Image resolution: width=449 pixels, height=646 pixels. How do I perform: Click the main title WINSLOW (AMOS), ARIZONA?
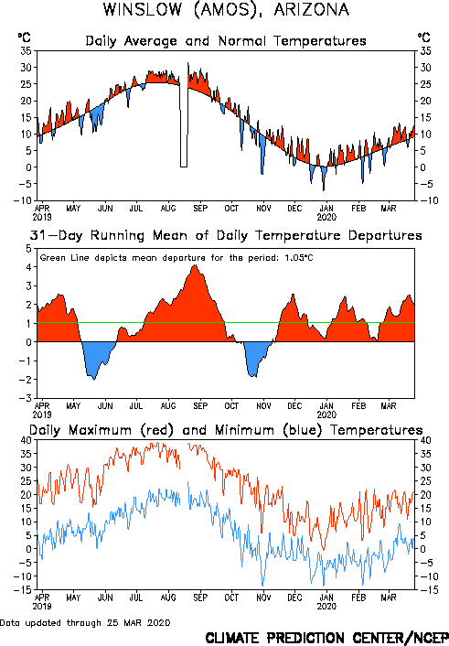tap(226, 10)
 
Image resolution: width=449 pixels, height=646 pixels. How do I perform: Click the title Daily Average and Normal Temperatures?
tap(226, 41)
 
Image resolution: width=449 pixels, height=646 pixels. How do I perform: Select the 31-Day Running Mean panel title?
tap(226, 235)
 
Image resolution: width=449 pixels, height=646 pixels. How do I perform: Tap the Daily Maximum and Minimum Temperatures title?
tap(226, 430)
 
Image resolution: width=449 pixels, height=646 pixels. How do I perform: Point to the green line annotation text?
tap(176, 258)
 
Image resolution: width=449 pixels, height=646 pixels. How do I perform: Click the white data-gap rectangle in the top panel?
tap(184, 125)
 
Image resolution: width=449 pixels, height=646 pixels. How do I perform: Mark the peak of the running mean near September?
tap(196, 265)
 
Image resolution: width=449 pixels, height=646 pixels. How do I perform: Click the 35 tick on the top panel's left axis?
tap(26, 51)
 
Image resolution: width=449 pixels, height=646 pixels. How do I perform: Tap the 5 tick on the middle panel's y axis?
tap(28, 249)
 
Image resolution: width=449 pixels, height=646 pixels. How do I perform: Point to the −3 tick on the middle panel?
tap(25, 398)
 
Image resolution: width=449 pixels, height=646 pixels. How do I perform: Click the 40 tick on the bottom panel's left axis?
tap(26, 440)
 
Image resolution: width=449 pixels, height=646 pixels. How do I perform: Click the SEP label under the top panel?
tap(200, 209)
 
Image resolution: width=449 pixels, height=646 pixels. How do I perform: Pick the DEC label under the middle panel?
tap(294, 406)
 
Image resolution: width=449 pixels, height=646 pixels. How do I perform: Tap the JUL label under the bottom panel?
tap(136, 598)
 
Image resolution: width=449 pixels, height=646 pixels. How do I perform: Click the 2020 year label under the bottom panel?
tap(326, 606)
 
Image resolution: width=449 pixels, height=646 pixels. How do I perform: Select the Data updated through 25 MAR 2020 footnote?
tap(85, 623)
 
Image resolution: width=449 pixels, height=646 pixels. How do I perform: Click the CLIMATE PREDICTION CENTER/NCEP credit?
tap(327, 638)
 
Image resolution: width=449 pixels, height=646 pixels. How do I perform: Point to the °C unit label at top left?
tap(25, 38)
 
